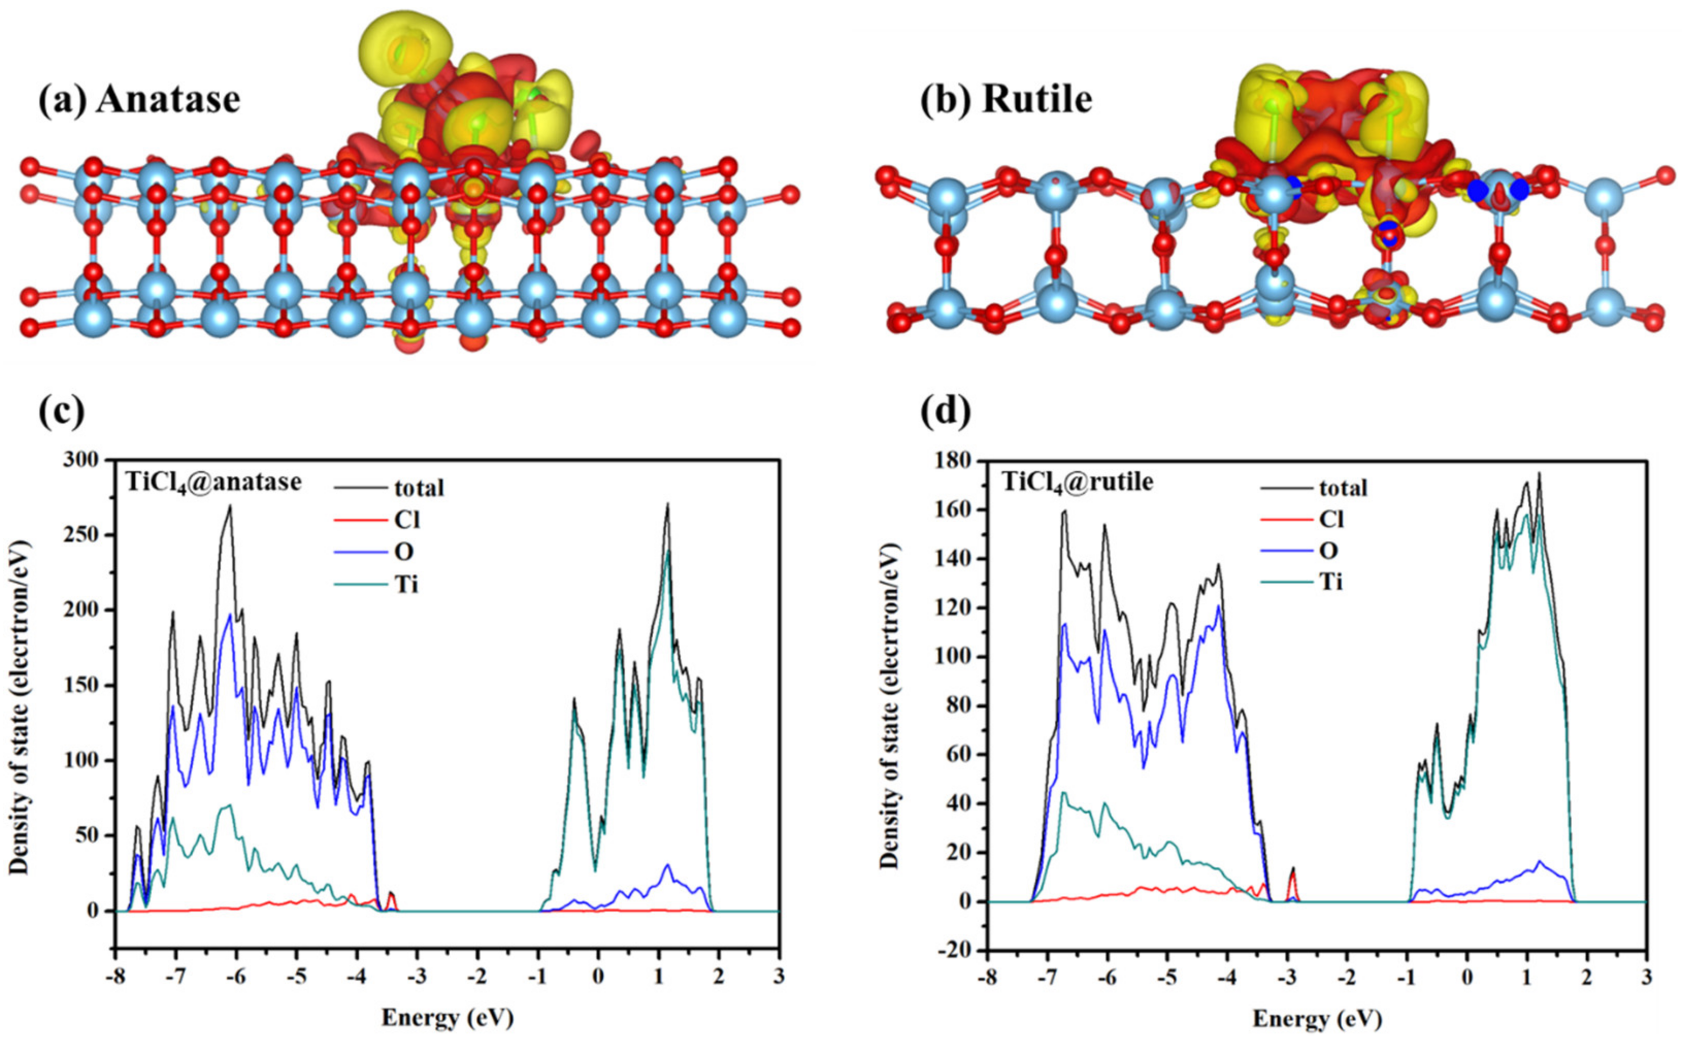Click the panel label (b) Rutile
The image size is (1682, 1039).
[x=1006, y=100]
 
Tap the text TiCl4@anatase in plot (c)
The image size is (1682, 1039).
[x=213, y=483]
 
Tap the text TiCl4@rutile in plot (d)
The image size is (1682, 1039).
[x=1077, y=483]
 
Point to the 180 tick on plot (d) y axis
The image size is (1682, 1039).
[x=959, y=461]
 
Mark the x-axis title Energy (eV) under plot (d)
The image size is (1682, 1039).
[x=1317, y=1018]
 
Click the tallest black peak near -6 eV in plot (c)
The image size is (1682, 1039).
[x=229, y=506]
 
